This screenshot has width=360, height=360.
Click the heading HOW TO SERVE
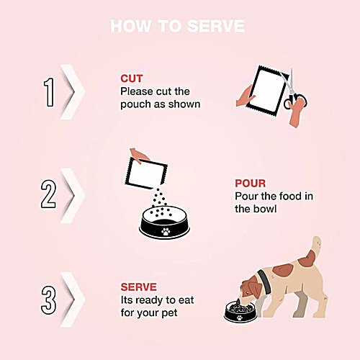click(177, 26)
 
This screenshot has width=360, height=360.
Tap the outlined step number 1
click(50, 92)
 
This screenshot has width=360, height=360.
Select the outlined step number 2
click(48, 194)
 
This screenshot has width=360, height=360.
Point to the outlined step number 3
click(48, 300)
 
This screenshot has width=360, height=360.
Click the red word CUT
click(132, 78)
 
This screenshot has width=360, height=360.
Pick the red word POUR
click(251, 184)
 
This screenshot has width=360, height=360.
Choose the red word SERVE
click(138, 287)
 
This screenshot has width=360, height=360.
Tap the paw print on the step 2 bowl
click(166, 231)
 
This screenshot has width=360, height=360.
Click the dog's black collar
click(264, 282)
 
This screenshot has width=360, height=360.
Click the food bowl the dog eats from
click(240, 310)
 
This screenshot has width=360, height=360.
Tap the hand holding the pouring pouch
click(139, 156)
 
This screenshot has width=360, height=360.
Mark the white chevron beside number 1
click(73, 92)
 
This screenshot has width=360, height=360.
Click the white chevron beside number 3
click(73, 300)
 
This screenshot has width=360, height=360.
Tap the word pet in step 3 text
click(169, 313)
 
